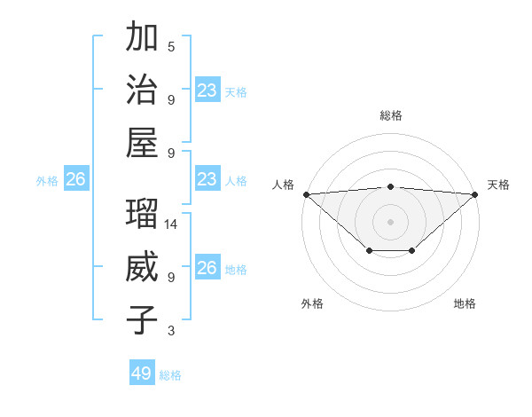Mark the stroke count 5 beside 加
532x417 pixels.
point(171,47)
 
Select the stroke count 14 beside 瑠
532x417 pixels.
point(171,225)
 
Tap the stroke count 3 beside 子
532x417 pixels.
point(171,331)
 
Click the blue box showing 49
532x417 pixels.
point(142,374)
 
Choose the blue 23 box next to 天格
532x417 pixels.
point(207,90)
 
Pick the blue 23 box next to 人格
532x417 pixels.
point(207,179)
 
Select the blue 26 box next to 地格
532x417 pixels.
point(207,268)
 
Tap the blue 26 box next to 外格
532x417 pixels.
point(75,179)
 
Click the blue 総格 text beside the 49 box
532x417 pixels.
point(170,375)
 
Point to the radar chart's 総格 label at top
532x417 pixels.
point(391,115)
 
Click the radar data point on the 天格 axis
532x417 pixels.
point(476,194)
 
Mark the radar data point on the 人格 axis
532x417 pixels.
point(306,194)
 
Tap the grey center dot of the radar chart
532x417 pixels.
point(391,221)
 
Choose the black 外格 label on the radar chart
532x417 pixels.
point(312,303)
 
